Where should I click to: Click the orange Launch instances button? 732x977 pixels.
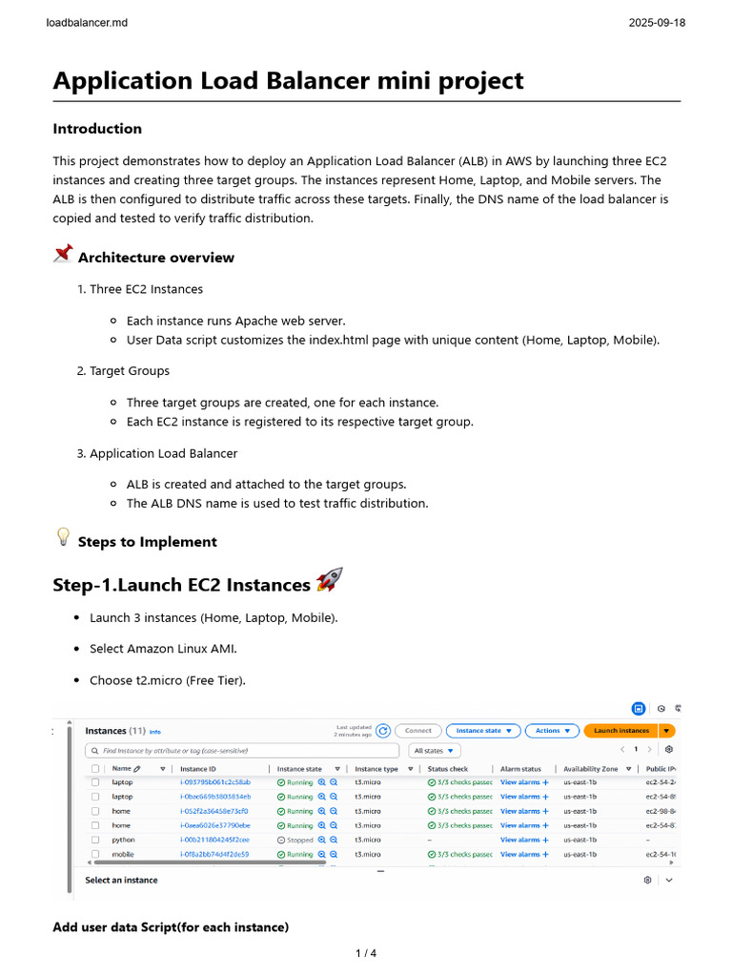[x=620, y=731]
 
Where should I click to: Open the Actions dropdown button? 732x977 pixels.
[x=552, y=731]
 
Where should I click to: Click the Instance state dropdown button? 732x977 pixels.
[x=483, y=731]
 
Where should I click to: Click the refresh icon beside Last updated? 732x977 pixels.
[x=383, y=731]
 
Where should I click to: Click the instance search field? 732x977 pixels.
[x=243, y=751]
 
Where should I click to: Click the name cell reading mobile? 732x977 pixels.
[x=123, y=854]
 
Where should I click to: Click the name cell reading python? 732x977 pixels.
[x=123, y=840]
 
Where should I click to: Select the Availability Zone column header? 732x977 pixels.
[x=590, y=768]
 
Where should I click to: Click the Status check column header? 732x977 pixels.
[x=448, y=768]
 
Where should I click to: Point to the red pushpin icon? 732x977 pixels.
[x=63, y=254]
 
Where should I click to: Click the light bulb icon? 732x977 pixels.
[x=63, y=538]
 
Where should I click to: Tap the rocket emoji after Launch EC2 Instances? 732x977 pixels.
[x=329, y=580]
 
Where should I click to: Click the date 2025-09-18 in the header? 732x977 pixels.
[x=657, y=22]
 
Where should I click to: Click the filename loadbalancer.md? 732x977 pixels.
[x=87, y=22]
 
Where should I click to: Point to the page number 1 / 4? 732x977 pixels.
[x=366, y=952]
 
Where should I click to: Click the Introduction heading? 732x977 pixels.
[x=97, y=129]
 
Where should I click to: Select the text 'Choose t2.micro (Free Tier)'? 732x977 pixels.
[x=167, y=680]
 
